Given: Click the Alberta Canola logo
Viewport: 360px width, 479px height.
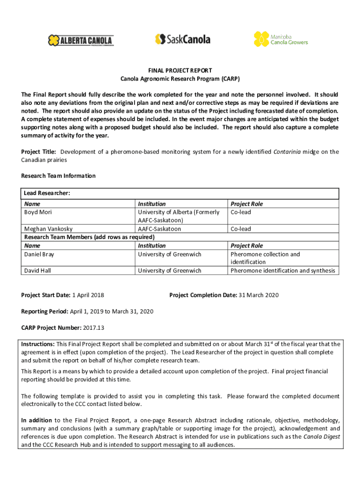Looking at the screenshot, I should [x=80, y=41].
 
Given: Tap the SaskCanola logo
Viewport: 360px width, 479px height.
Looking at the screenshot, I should [x=183, y=39].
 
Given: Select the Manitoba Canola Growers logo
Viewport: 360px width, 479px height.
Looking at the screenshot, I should [x=281, y=39].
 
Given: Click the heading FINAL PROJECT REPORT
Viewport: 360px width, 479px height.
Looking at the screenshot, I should [x=180, y=71].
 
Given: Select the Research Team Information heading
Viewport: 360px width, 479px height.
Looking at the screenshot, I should [x=58, y=176].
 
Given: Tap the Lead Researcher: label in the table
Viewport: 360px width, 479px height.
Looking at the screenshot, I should [x=47, y=193].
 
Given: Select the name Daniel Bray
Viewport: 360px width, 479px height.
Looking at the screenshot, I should [x=39, y=254].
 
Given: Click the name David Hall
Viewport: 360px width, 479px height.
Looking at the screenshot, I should [x=37, y=270].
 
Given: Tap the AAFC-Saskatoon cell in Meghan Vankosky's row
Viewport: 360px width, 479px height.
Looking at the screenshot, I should [x=159, y=229].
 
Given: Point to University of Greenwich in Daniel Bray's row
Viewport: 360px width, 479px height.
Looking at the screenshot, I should [x=169, y=254].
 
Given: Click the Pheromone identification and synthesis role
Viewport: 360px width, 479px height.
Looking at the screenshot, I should [x=282, y=270].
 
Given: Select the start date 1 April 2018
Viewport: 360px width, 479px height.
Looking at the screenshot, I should [x=87, y=295].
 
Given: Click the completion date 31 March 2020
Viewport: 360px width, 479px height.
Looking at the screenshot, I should [x=259, y=295].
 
